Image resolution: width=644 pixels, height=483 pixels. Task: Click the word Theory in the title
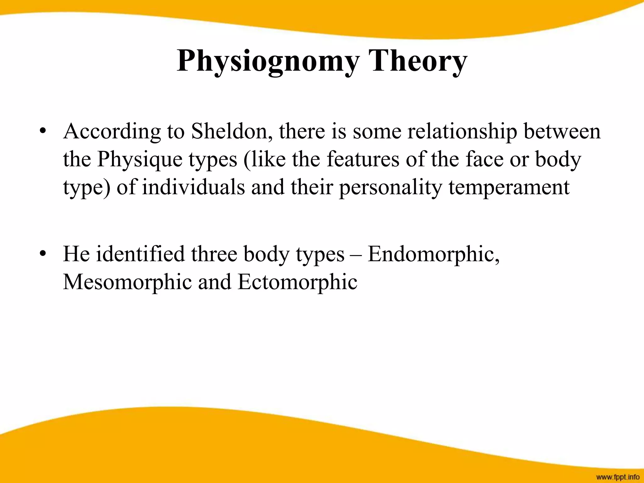coord(418,61)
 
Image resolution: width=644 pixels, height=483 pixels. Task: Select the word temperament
coord(509,188)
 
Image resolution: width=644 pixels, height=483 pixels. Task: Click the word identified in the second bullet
coord(140,254)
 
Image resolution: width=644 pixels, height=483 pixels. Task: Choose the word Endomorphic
coord(433,254)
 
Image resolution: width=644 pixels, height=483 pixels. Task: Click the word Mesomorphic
coord(127,282)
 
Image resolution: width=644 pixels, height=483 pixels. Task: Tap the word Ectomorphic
coord(297,282)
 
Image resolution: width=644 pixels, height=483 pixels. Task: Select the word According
coord(112,132)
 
